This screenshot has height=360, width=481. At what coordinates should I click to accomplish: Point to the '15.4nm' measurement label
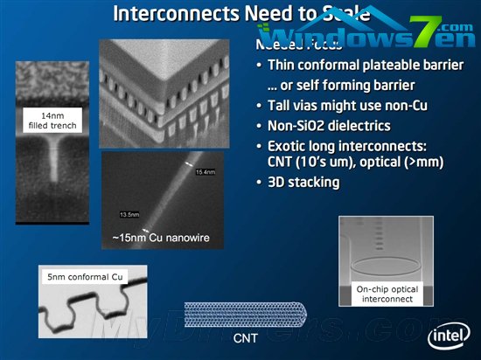tap(205, 171)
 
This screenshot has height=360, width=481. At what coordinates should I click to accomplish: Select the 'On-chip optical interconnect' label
tap(387, 294)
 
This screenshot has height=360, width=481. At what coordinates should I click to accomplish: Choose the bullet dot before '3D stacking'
tap(259, 183)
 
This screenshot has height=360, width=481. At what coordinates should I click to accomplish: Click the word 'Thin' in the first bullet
tap(283, 66)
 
